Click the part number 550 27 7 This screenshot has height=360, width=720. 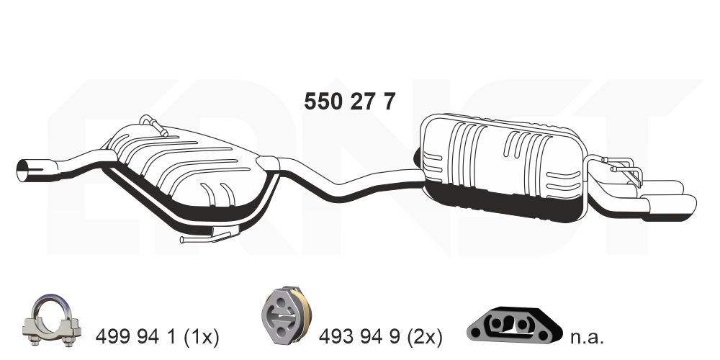(x=349, y=102)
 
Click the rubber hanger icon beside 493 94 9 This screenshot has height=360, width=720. (x=285, y=318)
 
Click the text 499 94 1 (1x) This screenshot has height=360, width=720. (x=157, y=336)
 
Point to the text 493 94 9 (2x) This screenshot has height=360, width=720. (x=382, y=336)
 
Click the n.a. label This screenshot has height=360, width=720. (x=587, y=336)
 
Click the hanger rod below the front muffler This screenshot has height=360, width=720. (x=209, y=235)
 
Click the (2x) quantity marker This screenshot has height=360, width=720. (x=424, y=336)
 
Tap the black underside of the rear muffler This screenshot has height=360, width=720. (x=504, y=202)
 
